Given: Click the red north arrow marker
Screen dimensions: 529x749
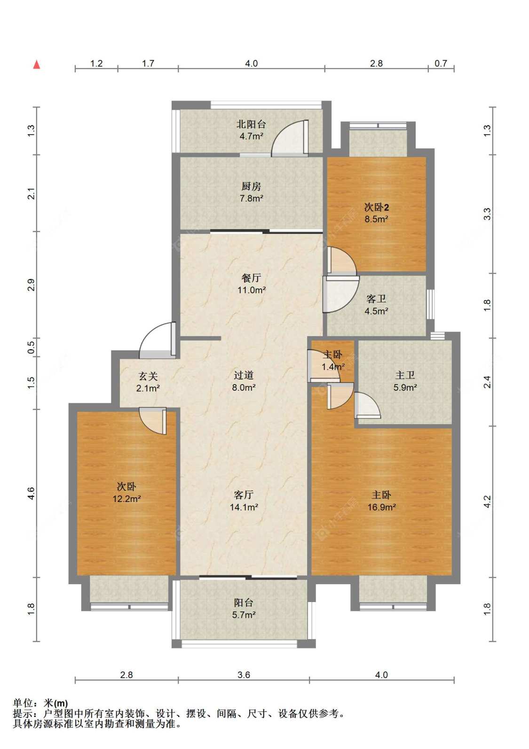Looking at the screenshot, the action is tap(37, 64).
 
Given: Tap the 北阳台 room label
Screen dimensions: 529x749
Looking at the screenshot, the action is tap(251, 124).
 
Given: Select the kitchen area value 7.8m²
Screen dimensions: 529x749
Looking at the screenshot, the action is tap(251, 198).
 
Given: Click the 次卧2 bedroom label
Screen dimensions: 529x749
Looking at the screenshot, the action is tap(376, 207).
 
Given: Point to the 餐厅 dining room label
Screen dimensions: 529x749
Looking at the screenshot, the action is tap(251, 278).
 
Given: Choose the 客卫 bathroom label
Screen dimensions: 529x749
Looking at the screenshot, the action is tap(376, 299).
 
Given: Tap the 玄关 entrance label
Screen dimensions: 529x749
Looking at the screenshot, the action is tap(148, 376).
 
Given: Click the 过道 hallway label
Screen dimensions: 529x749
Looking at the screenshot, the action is tap(244, 375).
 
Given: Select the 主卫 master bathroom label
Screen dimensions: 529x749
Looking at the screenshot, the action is tap(405, 375).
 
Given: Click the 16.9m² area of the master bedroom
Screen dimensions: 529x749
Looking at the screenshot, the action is tap(382, 507).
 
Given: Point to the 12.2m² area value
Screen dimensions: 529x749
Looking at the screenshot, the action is tap(126, 499).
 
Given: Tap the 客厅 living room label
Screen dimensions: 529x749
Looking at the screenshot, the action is tap(244, 494).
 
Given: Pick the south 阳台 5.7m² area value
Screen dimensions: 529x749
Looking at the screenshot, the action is tap(244, 615).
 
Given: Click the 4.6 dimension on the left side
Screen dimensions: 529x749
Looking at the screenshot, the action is tap(31, 494).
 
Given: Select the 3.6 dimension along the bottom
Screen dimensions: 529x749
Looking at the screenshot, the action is tap(244, 675).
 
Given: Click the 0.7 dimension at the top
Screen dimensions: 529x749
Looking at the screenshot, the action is tap(441, 63).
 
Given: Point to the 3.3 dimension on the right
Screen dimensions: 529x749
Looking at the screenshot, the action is tap(487, 214).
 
